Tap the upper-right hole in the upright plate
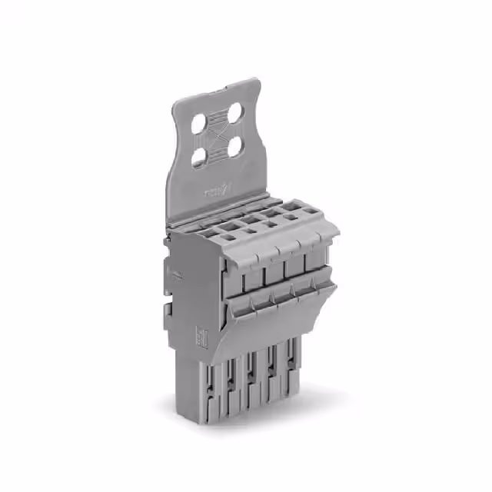point(234,113)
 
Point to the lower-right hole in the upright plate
point(234,146)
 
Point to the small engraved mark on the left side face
point(175,274)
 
